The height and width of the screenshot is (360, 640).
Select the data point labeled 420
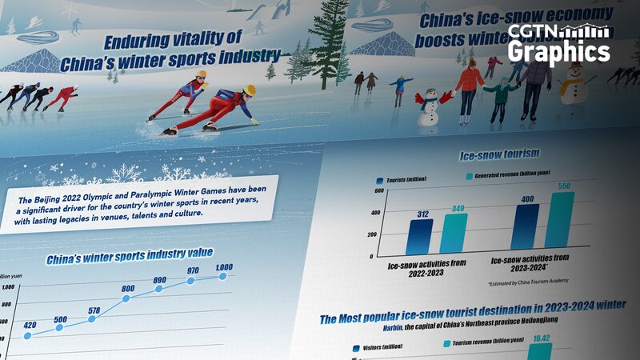coord(27,336)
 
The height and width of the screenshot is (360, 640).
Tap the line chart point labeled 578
coord(92,318)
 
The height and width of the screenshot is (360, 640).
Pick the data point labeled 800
coord(126,299)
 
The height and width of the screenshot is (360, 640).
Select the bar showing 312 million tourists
coord(419,237)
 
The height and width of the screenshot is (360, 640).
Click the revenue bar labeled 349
coord(454,233)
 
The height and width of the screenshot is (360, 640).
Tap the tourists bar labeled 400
coord(526,229)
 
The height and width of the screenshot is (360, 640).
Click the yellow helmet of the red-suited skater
coord(249,90)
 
